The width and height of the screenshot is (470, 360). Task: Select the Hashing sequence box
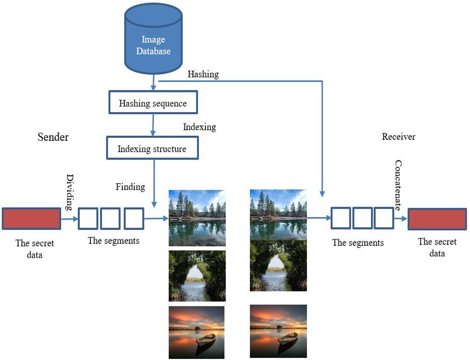152,104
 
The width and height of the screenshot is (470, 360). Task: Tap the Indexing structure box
152,148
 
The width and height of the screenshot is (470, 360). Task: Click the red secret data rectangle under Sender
31,219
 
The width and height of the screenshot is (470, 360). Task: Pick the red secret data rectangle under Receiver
437,219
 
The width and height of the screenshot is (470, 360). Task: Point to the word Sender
53,137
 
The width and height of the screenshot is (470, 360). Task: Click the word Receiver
398,137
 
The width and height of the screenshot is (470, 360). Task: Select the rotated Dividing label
70,192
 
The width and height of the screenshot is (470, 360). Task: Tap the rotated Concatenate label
398,185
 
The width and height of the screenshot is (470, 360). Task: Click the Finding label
130,187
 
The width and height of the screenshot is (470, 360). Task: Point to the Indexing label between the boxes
199,127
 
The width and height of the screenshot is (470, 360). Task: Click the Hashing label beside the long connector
203,74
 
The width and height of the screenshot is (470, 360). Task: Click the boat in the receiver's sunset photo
287,338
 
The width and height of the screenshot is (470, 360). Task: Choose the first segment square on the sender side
88,219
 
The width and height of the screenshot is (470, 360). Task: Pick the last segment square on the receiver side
384,218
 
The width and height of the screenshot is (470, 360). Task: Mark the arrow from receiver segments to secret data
401,219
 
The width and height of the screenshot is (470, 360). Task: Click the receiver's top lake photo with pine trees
278,215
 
